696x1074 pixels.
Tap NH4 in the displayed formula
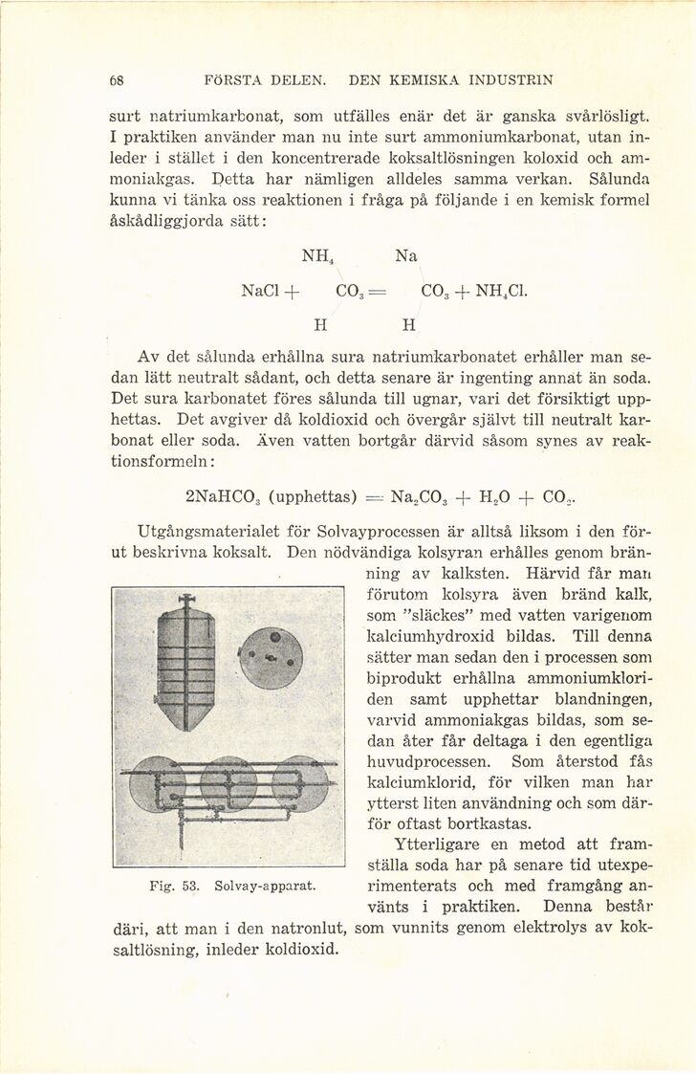pos(315,255)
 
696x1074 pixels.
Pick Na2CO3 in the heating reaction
pos(411,496)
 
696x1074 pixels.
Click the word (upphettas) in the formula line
pos(313,496)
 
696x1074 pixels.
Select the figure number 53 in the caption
pos(188,886)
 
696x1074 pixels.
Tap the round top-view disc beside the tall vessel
pos(272,659)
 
